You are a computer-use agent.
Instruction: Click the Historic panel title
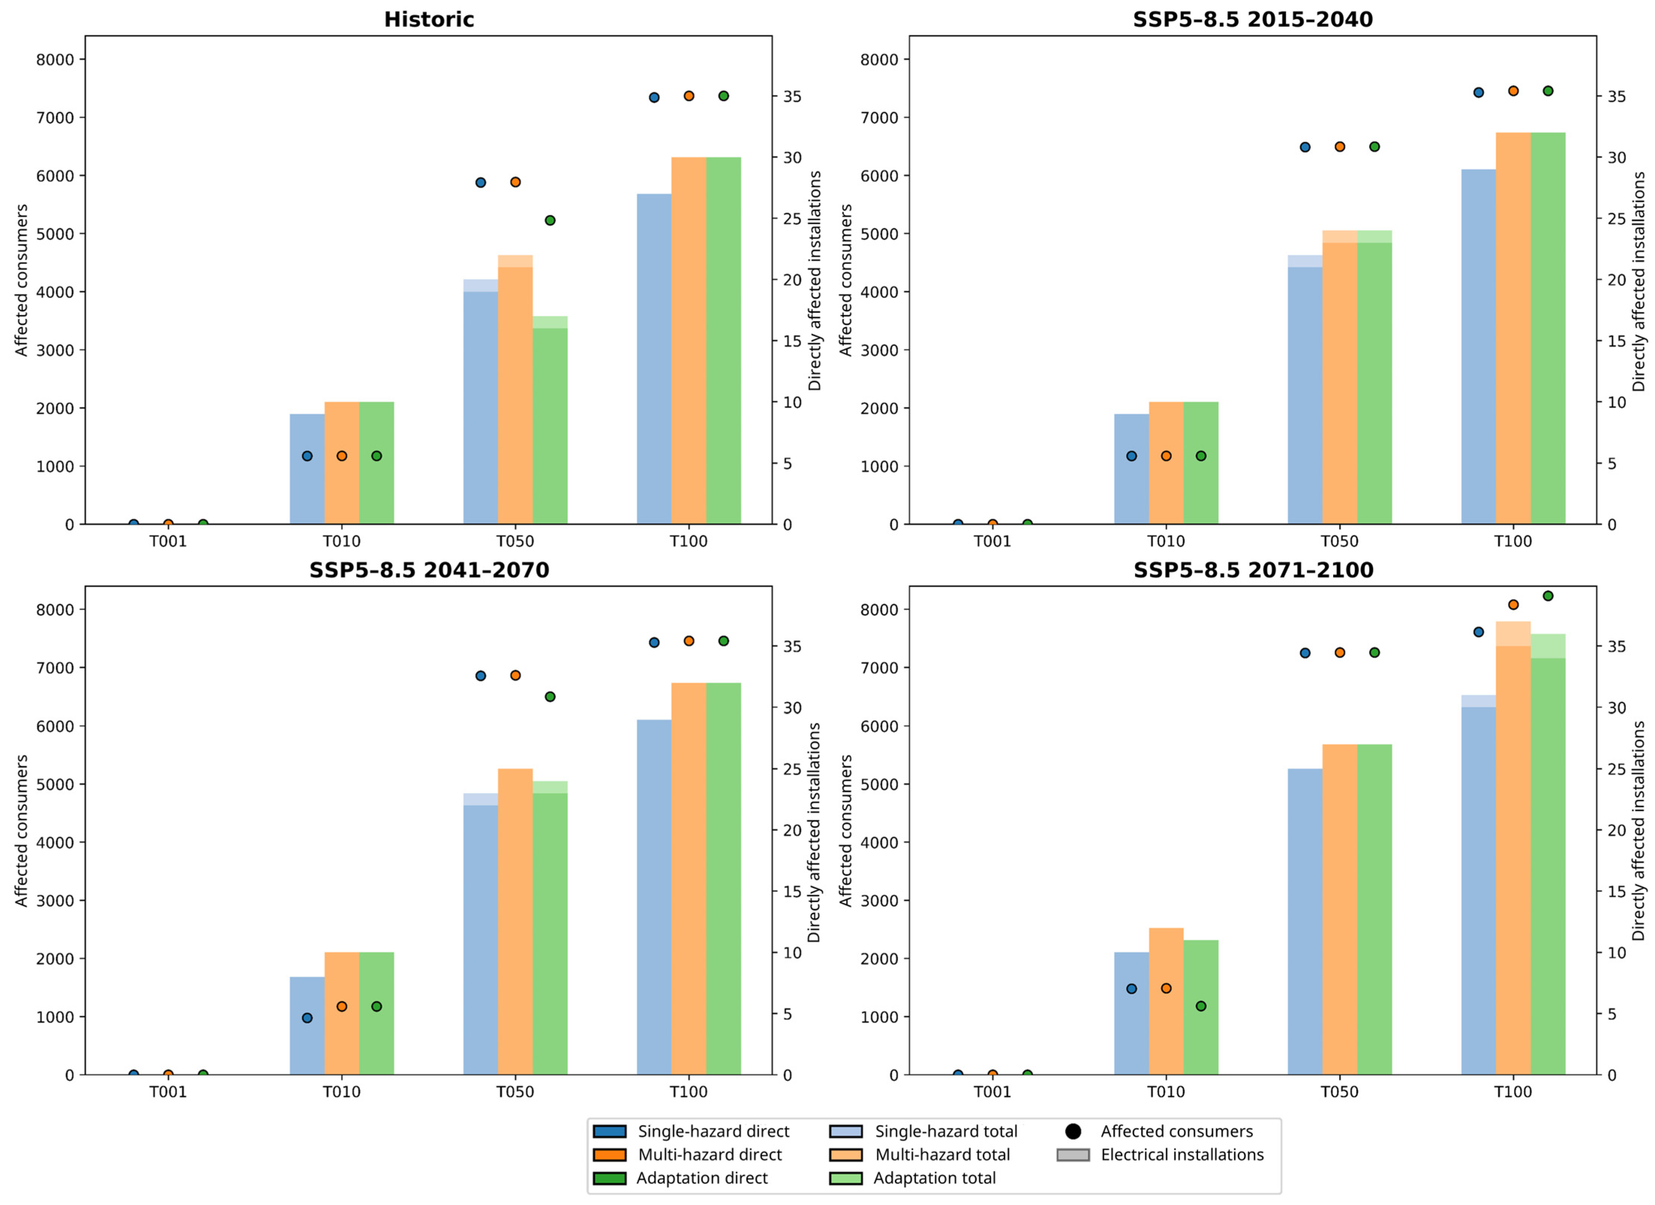pos(429,20)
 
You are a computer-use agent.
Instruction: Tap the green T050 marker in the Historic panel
pos(550,221)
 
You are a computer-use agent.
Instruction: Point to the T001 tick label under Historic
pos(168,542)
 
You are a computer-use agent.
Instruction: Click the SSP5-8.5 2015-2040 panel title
pos(1253,20)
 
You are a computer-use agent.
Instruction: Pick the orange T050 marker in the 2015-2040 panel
pos(1340,147)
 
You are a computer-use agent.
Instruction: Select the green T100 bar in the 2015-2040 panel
pos(1548,328)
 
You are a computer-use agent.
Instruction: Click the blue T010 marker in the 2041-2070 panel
pos(307,1018)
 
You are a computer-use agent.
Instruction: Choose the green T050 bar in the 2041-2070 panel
pos(550,928)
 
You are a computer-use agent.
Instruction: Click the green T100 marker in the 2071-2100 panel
pos(1548,596)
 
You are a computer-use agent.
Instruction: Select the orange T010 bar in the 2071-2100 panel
pos(1166,1001)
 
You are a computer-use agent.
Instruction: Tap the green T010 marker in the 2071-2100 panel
pos(1201,1007)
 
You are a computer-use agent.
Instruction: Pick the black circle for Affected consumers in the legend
pos(1073,1131)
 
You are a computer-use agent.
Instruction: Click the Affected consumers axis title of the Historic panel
pos(22,280)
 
